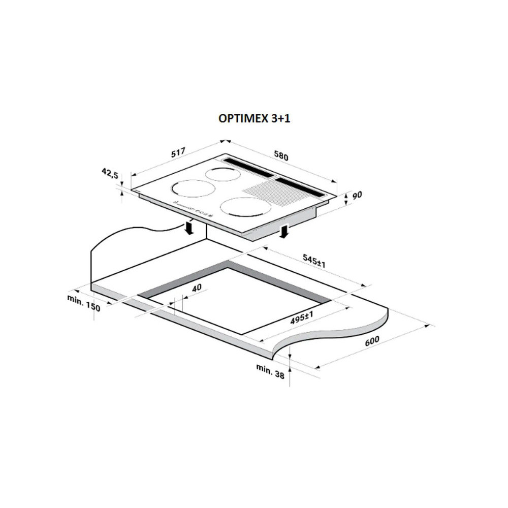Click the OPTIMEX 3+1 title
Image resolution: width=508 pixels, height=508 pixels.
[x=255, y=118]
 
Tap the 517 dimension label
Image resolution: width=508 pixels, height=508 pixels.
[x=178, y=152]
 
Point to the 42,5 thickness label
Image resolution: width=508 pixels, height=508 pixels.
[x=110, y=173]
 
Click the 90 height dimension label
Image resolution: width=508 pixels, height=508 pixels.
[x=357, y=196]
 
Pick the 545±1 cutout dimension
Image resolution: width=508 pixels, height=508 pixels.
[x=314, y=261]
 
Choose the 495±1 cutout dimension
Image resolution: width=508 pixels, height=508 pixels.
[x=302, y=317]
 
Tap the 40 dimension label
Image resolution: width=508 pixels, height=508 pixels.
[x=197, y=288]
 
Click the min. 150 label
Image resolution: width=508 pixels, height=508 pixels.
[x=84, y=303]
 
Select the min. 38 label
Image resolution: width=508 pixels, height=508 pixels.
[x=270, y=371]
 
